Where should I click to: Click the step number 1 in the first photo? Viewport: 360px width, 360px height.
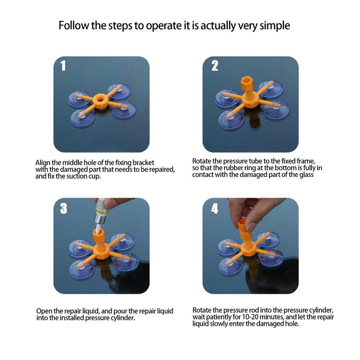pos(63,66)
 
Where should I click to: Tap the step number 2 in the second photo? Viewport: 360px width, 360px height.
pos(215,66)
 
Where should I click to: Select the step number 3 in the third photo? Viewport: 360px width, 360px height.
pos(63,208)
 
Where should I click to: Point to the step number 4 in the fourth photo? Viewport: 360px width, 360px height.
pos(215,208)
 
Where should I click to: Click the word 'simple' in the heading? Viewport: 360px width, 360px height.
pos(274,26)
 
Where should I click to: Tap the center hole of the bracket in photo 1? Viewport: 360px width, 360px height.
pos(100,99)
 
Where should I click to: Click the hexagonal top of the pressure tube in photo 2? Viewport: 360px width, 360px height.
pos(247,82)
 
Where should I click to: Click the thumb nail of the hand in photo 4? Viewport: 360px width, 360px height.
pos(251,227)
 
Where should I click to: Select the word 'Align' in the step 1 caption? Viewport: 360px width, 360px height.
pos(43,163)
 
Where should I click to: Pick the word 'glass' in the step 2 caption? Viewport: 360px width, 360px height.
pos(306,175)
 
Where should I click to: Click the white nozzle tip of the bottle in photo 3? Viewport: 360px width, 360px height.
pos(98,228)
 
